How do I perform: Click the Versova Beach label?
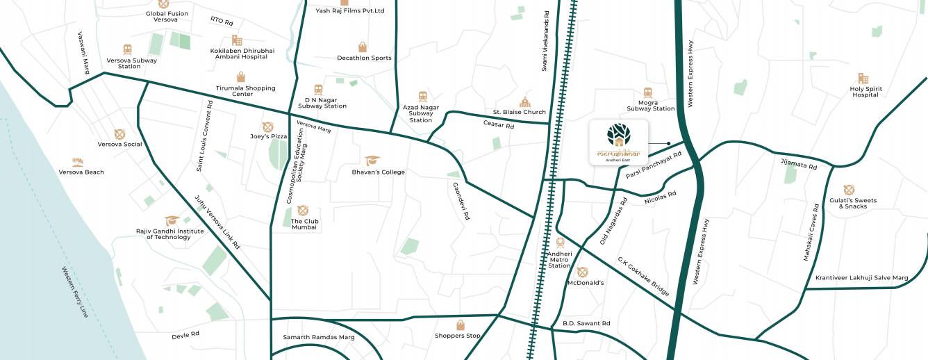coord(81,172)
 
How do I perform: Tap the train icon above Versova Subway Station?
coord(128,49)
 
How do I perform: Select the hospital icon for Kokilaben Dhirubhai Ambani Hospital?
coord(237,40)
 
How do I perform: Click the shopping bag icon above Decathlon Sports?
coord(362,47)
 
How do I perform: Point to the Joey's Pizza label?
coord(269,136)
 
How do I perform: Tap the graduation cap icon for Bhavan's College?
coord(372,161)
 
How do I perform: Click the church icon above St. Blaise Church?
coord(524,102)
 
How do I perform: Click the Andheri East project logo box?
coord(618,142)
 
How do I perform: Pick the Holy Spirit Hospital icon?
coord(863,79)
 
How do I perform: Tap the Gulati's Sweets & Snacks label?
coord(852,203)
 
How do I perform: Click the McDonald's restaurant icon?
coord(582,272)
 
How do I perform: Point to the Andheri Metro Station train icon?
coord(560,243)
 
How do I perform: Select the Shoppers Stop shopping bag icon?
coord(460,325)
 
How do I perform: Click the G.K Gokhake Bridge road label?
coord(644,277)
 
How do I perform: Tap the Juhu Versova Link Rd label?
coord(217,222)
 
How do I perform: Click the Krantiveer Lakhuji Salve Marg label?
coord(861,278)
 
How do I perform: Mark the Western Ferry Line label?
coord(75,292)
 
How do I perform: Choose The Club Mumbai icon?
coord(302,211)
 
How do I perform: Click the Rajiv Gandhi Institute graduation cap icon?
coord(172,220)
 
